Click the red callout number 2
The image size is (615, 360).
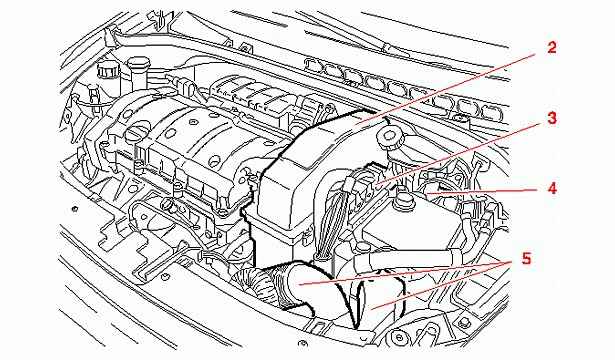(551, 48)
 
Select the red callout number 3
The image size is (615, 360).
(552, 118)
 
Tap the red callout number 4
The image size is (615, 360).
(552, 188)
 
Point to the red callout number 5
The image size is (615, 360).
(526, 259)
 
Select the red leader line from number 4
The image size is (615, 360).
(482, 191)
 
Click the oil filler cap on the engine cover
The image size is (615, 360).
(138, 130)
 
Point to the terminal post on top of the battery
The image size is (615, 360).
(401, 196)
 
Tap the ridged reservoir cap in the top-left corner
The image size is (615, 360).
(105, 70)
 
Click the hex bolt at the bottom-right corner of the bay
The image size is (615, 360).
(464, 323)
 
